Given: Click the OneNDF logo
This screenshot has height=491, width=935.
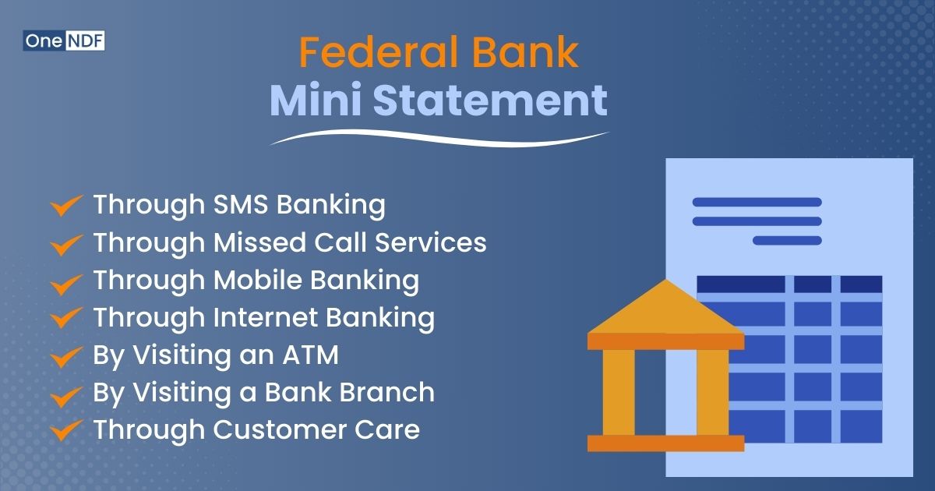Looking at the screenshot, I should coord(64,41).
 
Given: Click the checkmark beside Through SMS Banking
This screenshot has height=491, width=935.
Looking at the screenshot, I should coord(67,207).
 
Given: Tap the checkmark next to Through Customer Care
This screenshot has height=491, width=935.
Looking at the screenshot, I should coord(67,431).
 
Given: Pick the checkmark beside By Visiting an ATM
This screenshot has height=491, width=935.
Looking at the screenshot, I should coord(67,357).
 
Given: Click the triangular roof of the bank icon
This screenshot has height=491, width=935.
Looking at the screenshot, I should coord(665,311).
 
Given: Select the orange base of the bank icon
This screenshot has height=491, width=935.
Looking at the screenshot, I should coord(665,443).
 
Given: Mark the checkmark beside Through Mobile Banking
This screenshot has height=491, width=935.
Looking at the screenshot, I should coord(67,282).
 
